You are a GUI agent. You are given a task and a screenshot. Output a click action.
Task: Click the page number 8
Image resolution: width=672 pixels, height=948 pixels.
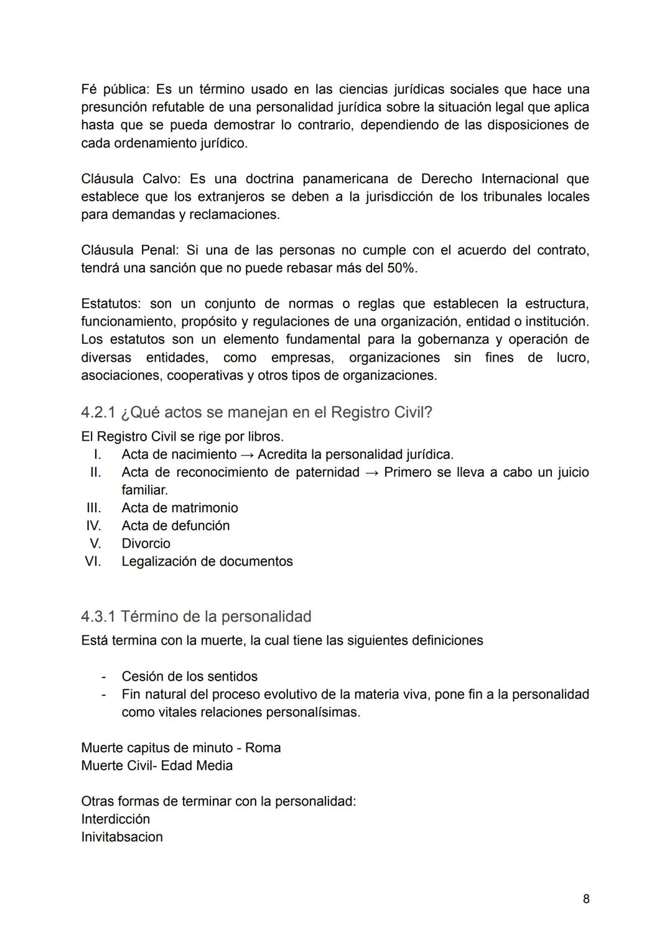586,899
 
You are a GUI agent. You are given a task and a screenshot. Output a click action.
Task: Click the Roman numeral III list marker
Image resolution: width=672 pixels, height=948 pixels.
93,508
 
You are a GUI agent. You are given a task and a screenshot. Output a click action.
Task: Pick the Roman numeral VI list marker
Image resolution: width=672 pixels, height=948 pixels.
93,561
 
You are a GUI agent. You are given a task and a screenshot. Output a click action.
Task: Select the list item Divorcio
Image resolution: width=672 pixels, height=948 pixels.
146,543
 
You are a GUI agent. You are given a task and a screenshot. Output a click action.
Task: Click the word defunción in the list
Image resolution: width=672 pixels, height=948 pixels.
200,526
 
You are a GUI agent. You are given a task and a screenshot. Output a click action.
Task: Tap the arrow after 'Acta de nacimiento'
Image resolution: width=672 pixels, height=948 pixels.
247,455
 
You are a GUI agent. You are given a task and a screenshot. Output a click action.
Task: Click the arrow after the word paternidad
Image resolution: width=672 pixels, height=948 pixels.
371,472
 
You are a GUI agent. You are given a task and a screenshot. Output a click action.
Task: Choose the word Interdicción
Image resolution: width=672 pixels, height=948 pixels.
115,819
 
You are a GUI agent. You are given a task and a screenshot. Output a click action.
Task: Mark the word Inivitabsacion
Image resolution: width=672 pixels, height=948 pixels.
121,837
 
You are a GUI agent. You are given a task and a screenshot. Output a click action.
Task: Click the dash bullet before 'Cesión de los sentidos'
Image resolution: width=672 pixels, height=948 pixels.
104,676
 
